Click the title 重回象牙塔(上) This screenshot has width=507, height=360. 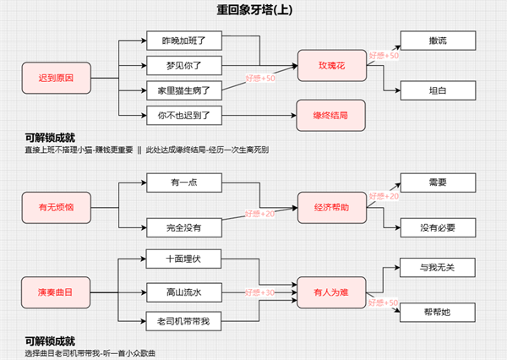[253, 10]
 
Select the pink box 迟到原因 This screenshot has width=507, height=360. [56, 77]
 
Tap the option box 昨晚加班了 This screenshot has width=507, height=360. [183, 40]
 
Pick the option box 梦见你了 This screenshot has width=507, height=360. [183, 64]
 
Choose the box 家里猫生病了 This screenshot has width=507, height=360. [183, 89]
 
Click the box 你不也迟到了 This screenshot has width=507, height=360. [183, 113]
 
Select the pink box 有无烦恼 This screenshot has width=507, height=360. [56, 204]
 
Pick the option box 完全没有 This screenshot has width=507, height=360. [183, 227]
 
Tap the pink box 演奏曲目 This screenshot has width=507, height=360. [56, 292]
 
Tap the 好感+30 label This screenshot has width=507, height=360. [259, 292]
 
